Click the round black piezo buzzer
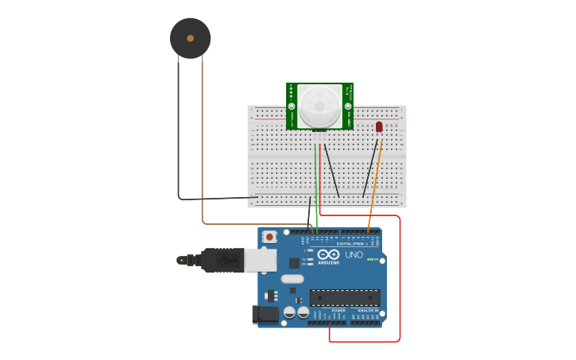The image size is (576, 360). [190, 38]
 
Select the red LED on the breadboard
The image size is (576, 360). [379, 126]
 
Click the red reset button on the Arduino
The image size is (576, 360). [270, 236]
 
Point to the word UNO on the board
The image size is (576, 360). [354, 255]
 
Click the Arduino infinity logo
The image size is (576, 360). [328, 254]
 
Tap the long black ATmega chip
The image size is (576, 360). [344, 297]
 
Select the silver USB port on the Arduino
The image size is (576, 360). [260, 260]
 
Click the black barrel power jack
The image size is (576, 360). [265, 315]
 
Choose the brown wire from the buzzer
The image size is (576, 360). [202, 143]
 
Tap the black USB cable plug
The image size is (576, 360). [222, 260]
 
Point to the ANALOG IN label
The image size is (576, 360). [367, 310]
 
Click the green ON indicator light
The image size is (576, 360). [369, 259]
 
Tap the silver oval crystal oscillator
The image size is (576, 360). [292, 279]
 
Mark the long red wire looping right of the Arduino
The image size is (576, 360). [400, 278]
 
